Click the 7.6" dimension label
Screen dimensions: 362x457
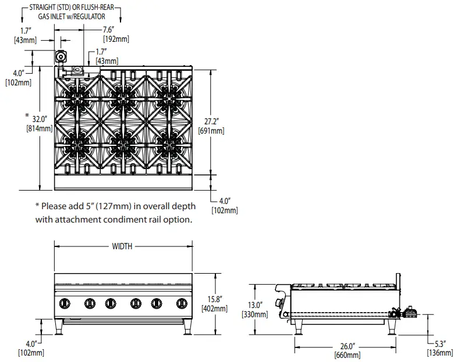108,29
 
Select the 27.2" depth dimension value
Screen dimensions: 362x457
212,122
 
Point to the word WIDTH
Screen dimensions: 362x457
122,246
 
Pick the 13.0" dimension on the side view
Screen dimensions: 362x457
254,305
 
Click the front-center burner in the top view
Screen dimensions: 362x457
123,139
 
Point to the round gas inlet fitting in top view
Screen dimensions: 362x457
61,57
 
